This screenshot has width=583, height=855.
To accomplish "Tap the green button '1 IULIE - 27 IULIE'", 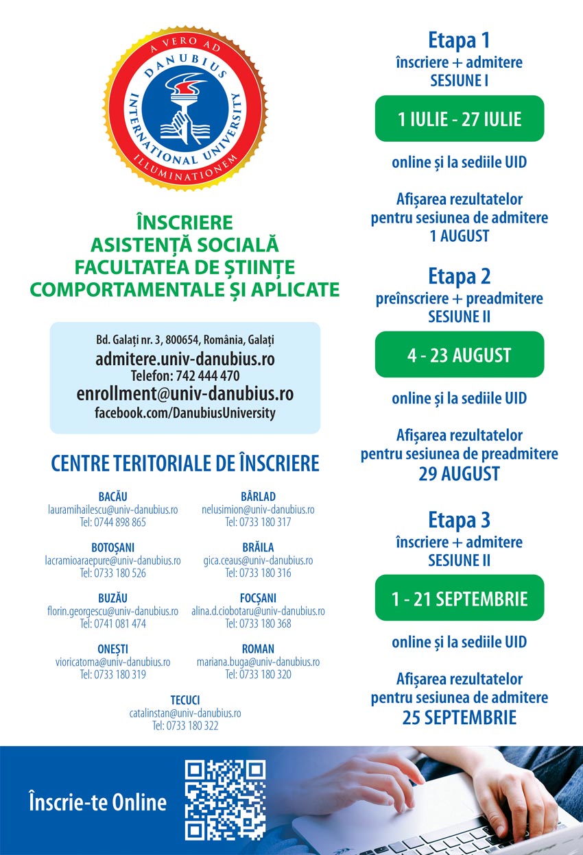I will [x=459, y=119].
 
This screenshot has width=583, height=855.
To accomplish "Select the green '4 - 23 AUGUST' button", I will [x=459, y=355].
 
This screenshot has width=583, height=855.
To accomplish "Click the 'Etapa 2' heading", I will [x=459, y=277].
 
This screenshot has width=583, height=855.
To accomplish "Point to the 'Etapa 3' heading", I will [x=459, y=520].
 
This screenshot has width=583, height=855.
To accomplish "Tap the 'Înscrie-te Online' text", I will [x=97, y=802].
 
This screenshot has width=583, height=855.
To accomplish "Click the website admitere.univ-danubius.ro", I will [x=185, y=358].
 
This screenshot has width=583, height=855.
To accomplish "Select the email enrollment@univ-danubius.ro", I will [x=185, y=394].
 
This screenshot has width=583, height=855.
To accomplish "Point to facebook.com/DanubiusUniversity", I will [x=185, y=413].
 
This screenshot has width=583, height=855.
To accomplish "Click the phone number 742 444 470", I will [x=204, y=375].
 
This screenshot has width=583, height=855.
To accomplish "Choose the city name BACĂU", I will [x=112, y=497].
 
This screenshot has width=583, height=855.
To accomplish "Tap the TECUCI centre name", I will [x=185, y=700].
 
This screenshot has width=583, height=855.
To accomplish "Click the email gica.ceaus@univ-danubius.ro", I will [x=258, y=560].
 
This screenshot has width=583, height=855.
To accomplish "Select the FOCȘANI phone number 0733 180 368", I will [x=258, y=623].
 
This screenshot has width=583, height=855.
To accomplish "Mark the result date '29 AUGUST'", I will [x=459, y=473].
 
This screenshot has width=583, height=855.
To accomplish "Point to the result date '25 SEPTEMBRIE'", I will [x=459, y=717].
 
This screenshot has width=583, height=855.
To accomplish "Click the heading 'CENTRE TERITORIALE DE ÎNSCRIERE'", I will [x=185, y=463].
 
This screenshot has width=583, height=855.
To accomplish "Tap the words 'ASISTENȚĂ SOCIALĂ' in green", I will [x=185, y=245].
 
